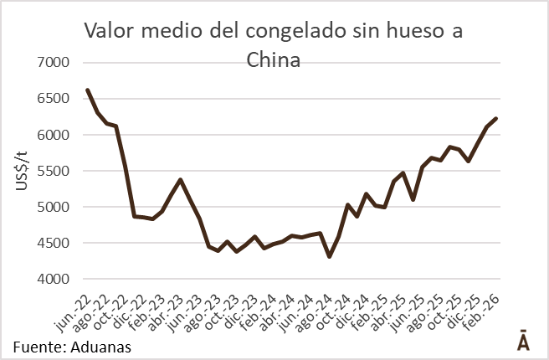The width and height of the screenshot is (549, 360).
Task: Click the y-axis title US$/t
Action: coord(23,172)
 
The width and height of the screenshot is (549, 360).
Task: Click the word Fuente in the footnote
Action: coord(38,345)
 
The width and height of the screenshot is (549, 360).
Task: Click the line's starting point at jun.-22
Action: coord(88,90)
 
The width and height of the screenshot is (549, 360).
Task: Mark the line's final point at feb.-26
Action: coord(496,118)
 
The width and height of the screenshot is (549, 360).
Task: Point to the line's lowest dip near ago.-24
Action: coord(329,256)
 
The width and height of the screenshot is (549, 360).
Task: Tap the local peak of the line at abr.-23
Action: coord(181,179)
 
